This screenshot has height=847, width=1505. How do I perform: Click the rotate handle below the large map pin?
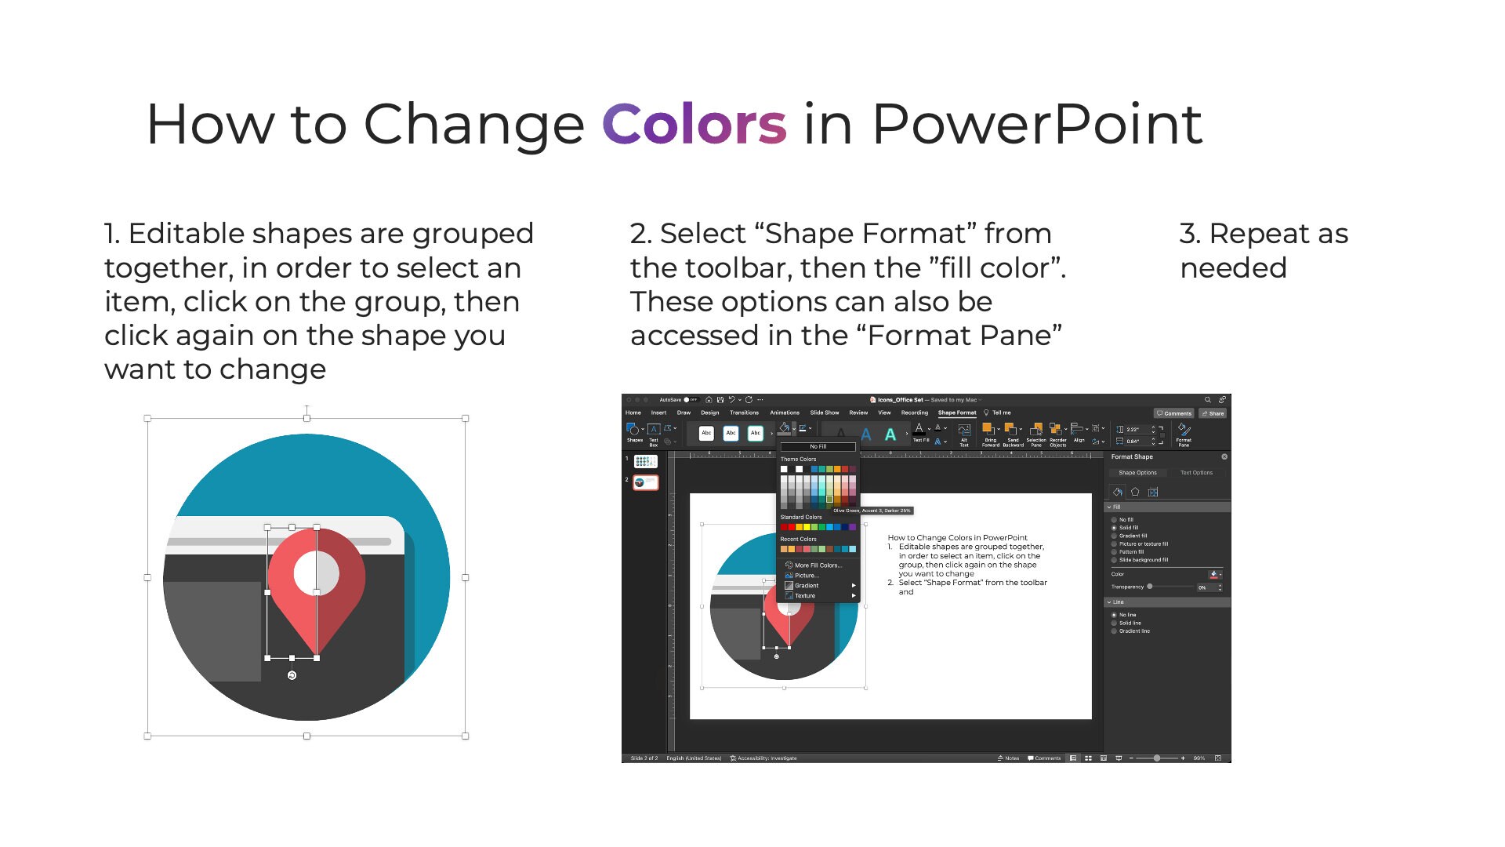coord(292,675)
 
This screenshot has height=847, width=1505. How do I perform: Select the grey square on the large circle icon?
coord(212,631)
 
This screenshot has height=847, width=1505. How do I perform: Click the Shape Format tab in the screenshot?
coord(956,413)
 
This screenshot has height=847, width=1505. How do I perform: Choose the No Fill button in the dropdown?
coord(818,446)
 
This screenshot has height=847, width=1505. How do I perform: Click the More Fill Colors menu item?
coord(818,565)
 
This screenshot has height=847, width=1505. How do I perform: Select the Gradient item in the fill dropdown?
coord(807,585)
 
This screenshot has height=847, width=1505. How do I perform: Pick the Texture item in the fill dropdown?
coord(805,595)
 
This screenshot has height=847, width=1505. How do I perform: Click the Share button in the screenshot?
coord(1213,413)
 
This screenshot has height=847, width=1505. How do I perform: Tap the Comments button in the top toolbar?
coord(1174,413)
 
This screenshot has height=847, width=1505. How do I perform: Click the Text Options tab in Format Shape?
coord(1196,473)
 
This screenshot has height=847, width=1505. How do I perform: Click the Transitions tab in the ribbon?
coord(744,413)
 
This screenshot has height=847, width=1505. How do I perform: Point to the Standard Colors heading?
coord(801,517)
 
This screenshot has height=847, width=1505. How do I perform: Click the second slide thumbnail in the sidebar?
coord(646,482)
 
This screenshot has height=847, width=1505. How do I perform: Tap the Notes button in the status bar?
coord(1009,758)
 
